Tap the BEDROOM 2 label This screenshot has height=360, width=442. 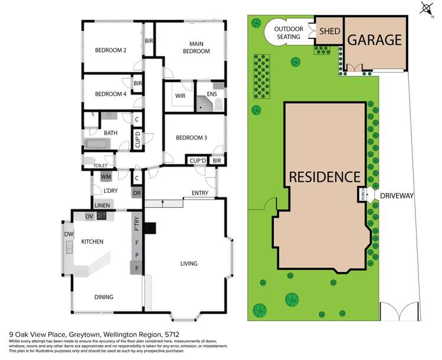tap(111, 51)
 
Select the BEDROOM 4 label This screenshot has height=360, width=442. tap(111, 94)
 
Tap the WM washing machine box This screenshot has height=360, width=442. tap(107, 176)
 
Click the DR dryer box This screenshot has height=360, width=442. tap(137, 193)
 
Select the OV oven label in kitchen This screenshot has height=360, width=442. tap(90, 215)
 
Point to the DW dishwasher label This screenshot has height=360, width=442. tap(67, 234)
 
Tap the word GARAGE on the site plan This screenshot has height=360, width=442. tap(375, 40)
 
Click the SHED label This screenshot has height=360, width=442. tap(329, 32)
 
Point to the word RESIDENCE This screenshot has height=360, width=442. tap(324, 176)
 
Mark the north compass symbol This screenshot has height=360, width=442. tap(425, 8)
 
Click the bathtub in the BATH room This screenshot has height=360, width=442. tap(101, 143)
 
